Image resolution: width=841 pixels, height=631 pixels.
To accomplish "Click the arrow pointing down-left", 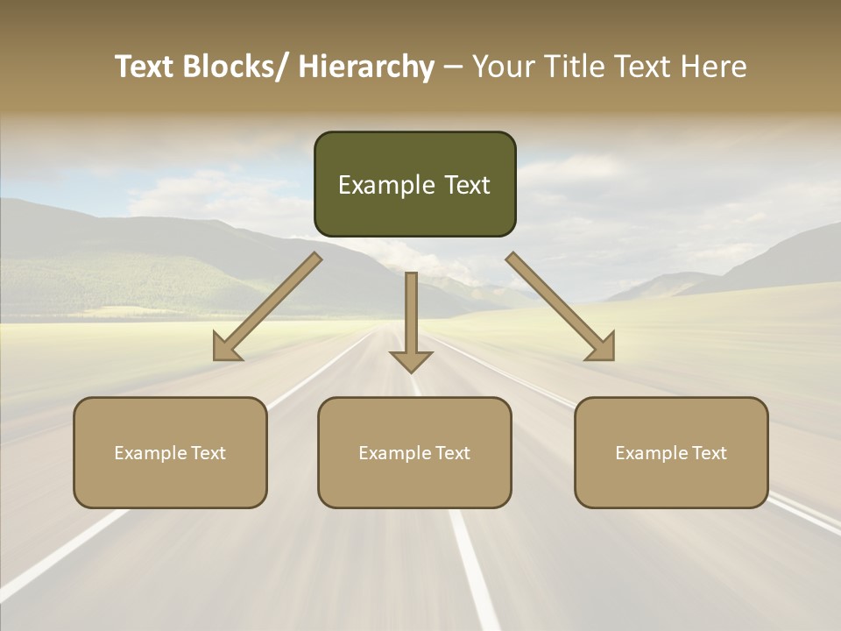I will [267, 307].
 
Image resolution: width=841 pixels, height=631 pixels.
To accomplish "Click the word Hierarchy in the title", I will [366, 67].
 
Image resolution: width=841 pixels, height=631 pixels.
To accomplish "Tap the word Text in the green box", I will [466, 185].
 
